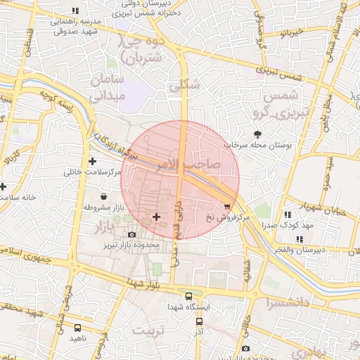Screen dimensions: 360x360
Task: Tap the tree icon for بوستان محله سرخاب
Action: point(259,133)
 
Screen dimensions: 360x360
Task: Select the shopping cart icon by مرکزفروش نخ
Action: point(227,206)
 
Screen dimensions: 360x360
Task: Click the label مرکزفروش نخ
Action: point(228,218)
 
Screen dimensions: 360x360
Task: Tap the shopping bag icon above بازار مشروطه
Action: point(103,196)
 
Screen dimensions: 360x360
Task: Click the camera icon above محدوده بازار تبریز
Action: point(131,234)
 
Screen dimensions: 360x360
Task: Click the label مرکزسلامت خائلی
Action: point(93,172)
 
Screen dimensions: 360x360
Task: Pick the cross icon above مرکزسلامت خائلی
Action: point(92,161)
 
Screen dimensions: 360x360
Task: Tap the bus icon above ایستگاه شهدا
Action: point(188,296)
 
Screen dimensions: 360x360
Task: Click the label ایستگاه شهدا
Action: point(186,307)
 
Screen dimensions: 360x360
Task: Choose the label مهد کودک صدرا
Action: point(288,225)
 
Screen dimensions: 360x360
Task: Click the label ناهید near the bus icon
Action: point(77,338)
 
